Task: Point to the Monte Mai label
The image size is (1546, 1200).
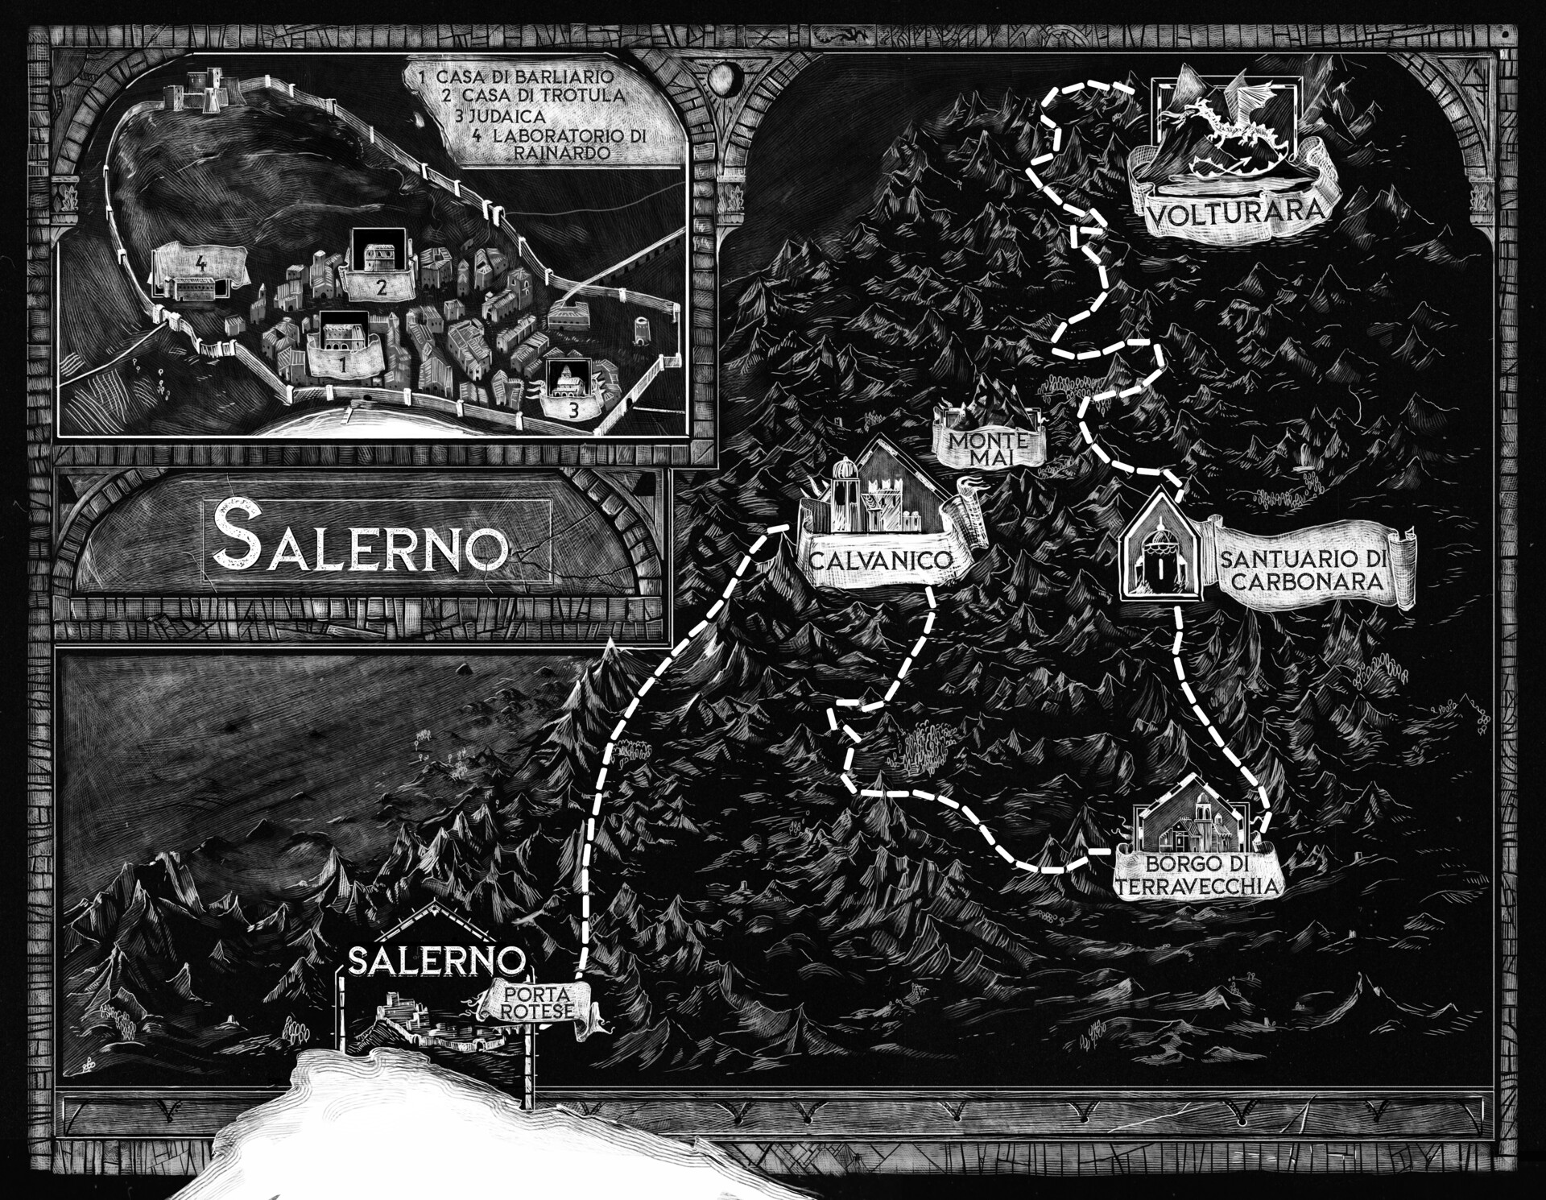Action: (988, 449)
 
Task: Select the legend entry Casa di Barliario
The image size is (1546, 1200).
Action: (517, 77)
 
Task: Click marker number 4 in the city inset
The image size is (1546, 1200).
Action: (200, 263)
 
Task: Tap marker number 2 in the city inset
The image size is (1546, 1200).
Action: (382, 286)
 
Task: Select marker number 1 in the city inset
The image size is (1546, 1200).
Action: (344, 363)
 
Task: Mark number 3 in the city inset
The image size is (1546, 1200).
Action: (573, 409)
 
